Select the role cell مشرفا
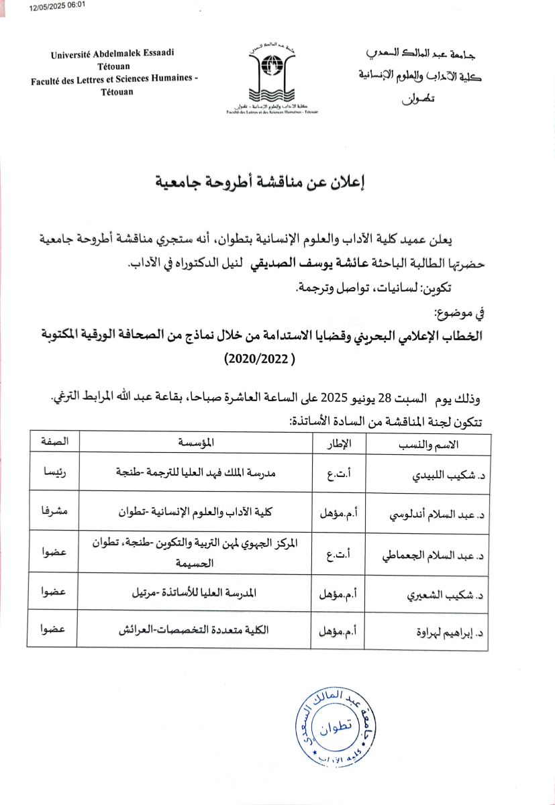point(54,511)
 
